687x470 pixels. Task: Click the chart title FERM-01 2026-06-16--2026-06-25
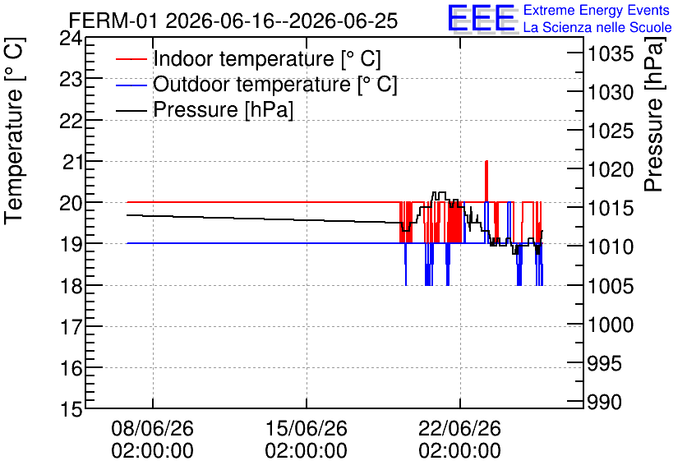233,21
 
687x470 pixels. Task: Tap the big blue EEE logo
482,18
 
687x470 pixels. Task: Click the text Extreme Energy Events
597,10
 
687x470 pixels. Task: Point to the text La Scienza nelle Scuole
597,27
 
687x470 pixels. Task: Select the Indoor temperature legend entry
248,58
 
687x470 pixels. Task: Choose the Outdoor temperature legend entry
256,84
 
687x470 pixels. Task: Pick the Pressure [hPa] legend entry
205,109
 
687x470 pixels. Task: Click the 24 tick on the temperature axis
71,39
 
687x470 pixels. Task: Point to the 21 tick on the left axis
71,163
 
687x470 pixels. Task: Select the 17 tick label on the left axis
71,327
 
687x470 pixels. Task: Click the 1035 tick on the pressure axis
611,54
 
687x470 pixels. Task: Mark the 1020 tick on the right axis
611,170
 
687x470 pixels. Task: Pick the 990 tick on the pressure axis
604,402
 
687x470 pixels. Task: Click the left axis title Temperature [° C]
14,131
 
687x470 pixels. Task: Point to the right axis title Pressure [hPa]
654,114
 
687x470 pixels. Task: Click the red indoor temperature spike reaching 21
486,181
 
